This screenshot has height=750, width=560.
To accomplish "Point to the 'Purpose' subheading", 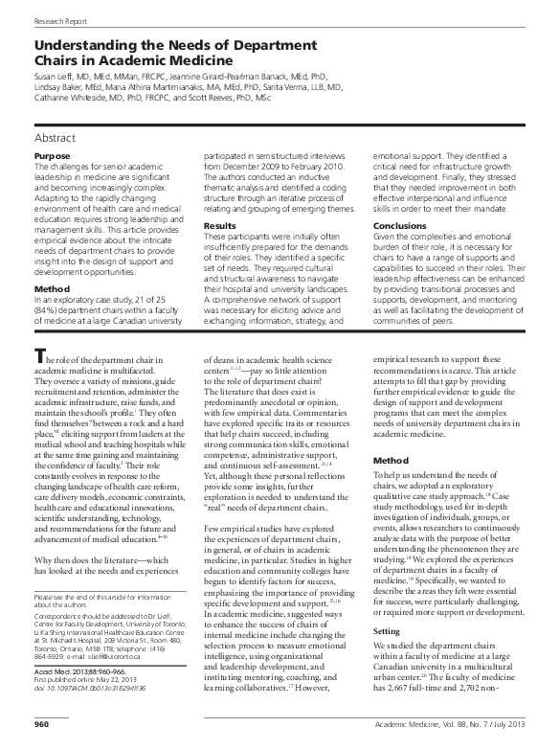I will click(x=51, y=155).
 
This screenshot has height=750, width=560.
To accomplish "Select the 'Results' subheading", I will click(x=219, y=225).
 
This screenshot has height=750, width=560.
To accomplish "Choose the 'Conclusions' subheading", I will click(x=400, y=225).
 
